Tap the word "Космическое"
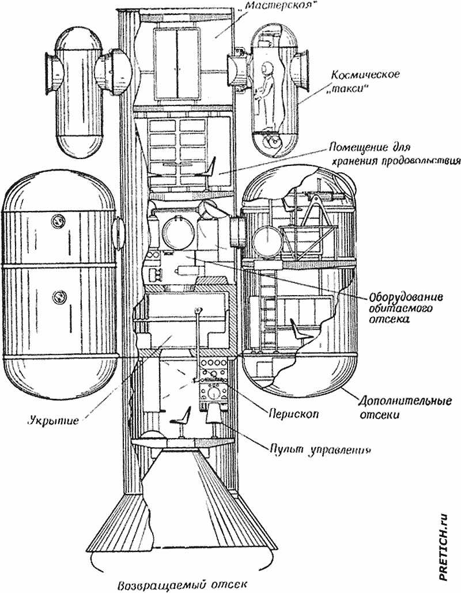point(365,75)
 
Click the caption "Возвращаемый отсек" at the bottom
point(183,584)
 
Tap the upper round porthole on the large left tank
point(58,220)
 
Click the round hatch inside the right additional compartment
point(267,240)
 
